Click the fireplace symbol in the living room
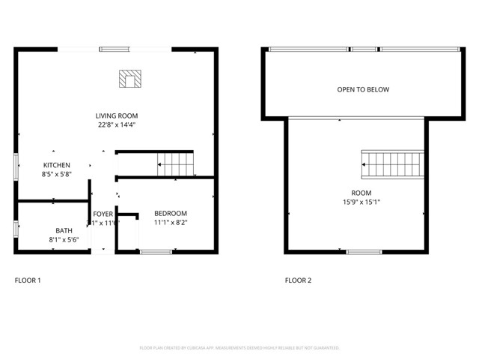[x=130, y=79]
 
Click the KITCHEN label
[x=56, y=165]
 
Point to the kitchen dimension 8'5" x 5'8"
[x=56, y=175]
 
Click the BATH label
[x=64, y=230]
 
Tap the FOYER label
[x=103, y=214]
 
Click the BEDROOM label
[x=171, y=213]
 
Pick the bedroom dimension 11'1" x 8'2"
[x=171, y=223]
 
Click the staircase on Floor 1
[x=174, y=163]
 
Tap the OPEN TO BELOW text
[x=363, y=89]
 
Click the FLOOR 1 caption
[x=28, y=280]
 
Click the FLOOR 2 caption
[x=298, y=280]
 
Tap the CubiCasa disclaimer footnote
[x=239, y=348]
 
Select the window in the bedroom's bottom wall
[x=156, y=252]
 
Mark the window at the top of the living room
[x=115, y=49]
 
